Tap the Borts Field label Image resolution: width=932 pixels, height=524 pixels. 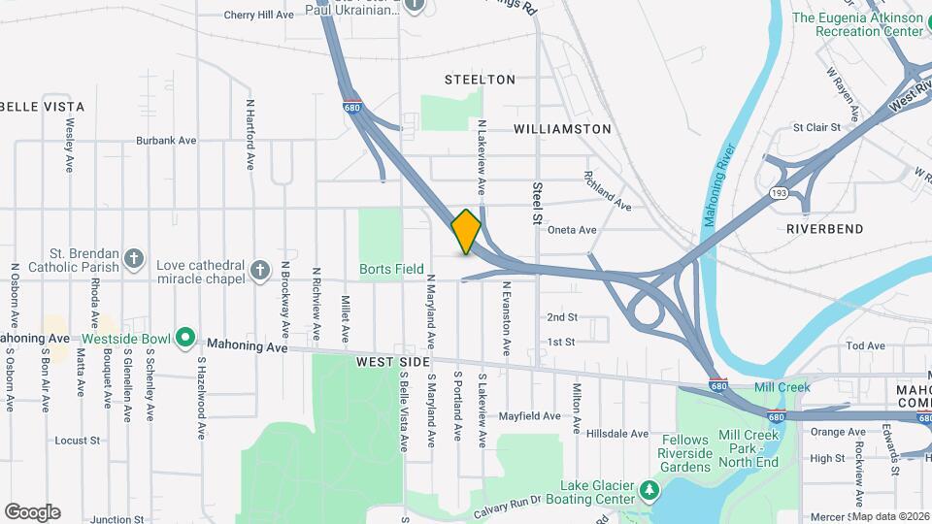[x=391, y=269]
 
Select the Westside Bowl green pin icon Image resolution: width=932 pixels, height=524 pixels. [x=185, y=339]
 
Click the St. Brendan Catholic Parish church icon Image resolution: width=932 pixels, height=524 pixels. [x=134, y=259]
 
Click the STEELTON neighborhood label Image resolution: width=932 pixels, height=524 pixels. [x=480, y=80]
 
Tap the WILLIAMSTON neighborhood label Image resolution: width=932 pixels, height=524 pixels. [x=562, y=129]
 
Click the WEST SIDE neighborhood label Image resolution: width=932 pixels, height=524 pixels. [x=392, y=362]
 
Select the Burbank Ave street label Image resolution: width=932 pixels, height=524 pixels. [x=166, y=141]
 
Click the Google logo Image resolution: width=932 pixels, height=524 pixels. [x=32, y=512]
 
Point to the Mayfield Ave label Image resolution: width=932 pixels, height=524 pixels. [x=530, y=416]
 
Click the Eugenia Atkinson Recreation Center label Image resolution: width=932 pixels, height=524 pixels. [x=858, y=24]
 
